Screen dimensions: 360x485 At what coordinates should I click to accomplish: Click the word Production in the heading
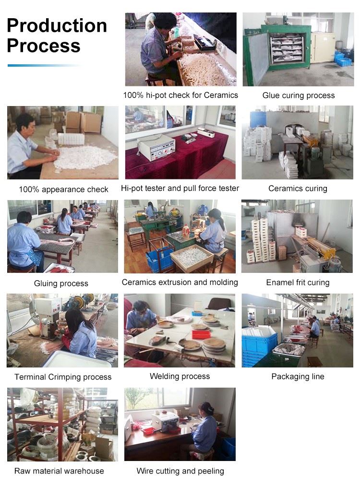click(x=57, y=25)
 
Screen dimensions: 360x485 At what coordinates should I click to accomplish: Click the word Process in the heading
click(x=44, y=46)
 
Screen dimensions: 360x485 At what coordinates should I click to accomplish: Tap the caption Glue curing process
click(x=299, y=95)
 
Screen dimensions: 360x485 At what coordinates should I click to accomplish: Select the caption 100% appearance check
click(x=63, y=189)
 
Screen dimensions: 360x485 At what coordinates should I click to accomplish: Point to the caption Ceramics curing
click(x=298, y=189)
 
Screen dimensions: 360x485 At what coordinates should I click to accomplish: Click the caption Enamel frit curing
click(x=298, y=283)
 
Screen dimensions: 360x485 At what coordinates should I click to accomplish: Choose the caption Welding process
click(x=180, y=376)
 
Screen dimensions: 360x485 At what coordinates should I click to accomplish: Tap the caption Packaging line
click(x=298, y=377)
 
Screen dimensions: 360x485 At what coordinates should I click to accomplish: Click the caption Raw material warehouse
click(x=59, y=471)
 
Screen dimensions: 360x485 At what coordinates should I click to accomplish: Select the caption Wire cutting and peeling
click(x=180, y=471)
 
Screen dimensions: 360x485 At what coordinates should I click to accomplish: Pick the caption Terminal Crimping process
click(x=63, y=377)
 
